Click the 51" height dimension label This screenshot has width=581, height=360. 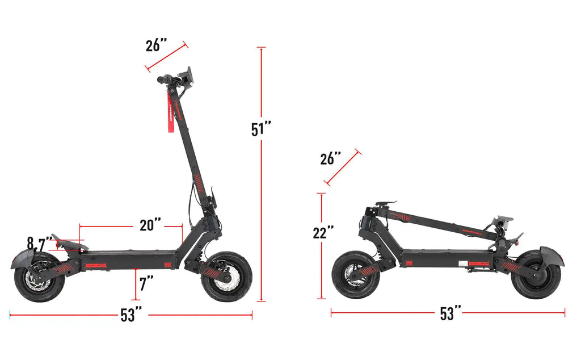(x=261, y=129)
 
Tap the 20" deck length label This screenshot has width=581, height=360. (x=150, y=225)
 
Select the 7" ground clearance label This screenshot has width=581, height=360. (x=146, y=283)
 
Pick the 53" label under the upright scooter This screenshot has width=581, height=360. (x=130, y=315)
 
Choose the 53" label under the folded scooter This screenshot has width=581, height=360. (x=451, y=313)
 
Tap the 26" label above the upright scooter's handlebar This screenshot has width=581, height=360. (x=157, y=45)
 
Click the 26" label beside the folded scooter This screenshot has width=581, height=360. (x=331, y=158)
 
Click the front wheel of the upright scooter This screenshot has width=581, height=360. (x=227, y=277)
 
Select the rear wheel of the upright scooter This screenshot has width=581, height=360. (x=39, y=278)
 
